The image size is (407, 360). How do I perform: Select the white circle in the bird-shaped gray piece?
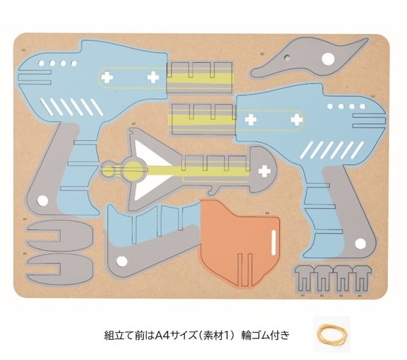(328, 60)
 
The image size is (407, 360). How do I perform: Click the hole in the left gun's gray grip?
(43, 201)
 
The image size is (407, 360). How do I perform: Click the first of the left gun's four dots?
(41, 63)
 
